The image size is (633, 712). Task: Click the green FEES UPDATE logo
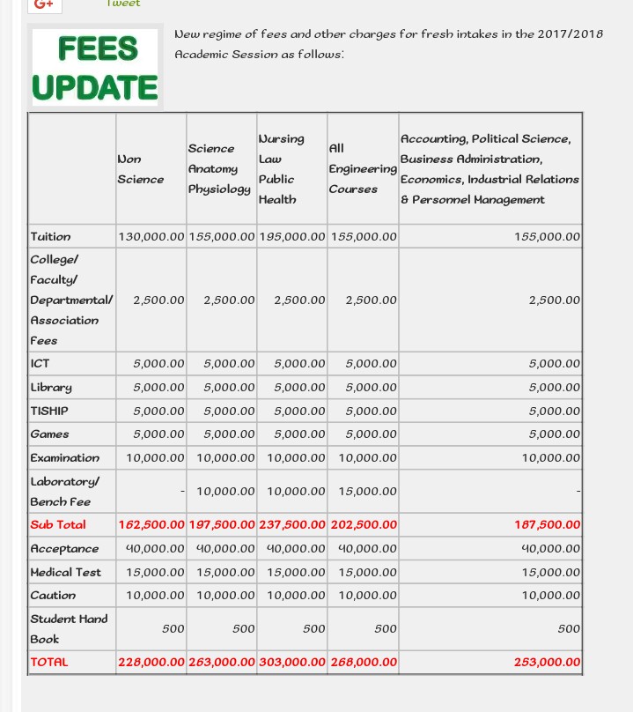click(x=95, y=68)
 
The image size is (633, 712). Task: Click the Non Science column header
click(x=140, y=168)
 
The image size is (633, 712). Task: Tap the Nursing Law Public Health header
click(x=281, y=168)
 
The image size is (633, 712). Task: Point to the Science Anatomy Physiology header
click(x=219, y=168)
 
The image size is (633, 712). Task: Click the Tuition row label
click(x=50, y=236)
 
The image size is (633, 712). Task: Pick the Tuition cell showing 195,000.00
click(x=292, y=236)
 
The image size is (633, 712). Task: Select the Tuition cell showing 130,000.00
click(x=151, y=236)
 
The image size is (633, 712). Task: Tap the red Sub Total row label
click(x=58, y=525)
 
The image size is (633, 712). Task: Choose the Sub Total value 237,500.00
click(x=292, y=525)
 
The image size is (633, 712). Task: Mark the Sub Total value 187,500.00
click(x=548, y=525)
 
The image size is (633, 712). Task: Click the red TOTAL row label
click(x=49, y=662)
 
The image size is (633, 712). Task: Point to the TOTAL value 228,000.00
click(x=151, y=662)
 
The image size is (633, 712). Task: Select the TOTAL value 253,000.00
click(x=548, y=662)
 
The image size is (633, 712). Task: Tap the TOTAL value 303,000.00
click(x=292, y=662)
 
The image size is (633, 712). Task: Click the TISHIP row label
click(x=49, y=411)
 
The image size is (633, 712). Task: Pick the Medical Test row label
click(x=65, y=572)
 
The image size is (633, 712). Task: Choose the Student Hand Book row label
click(x=69, y=628)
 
